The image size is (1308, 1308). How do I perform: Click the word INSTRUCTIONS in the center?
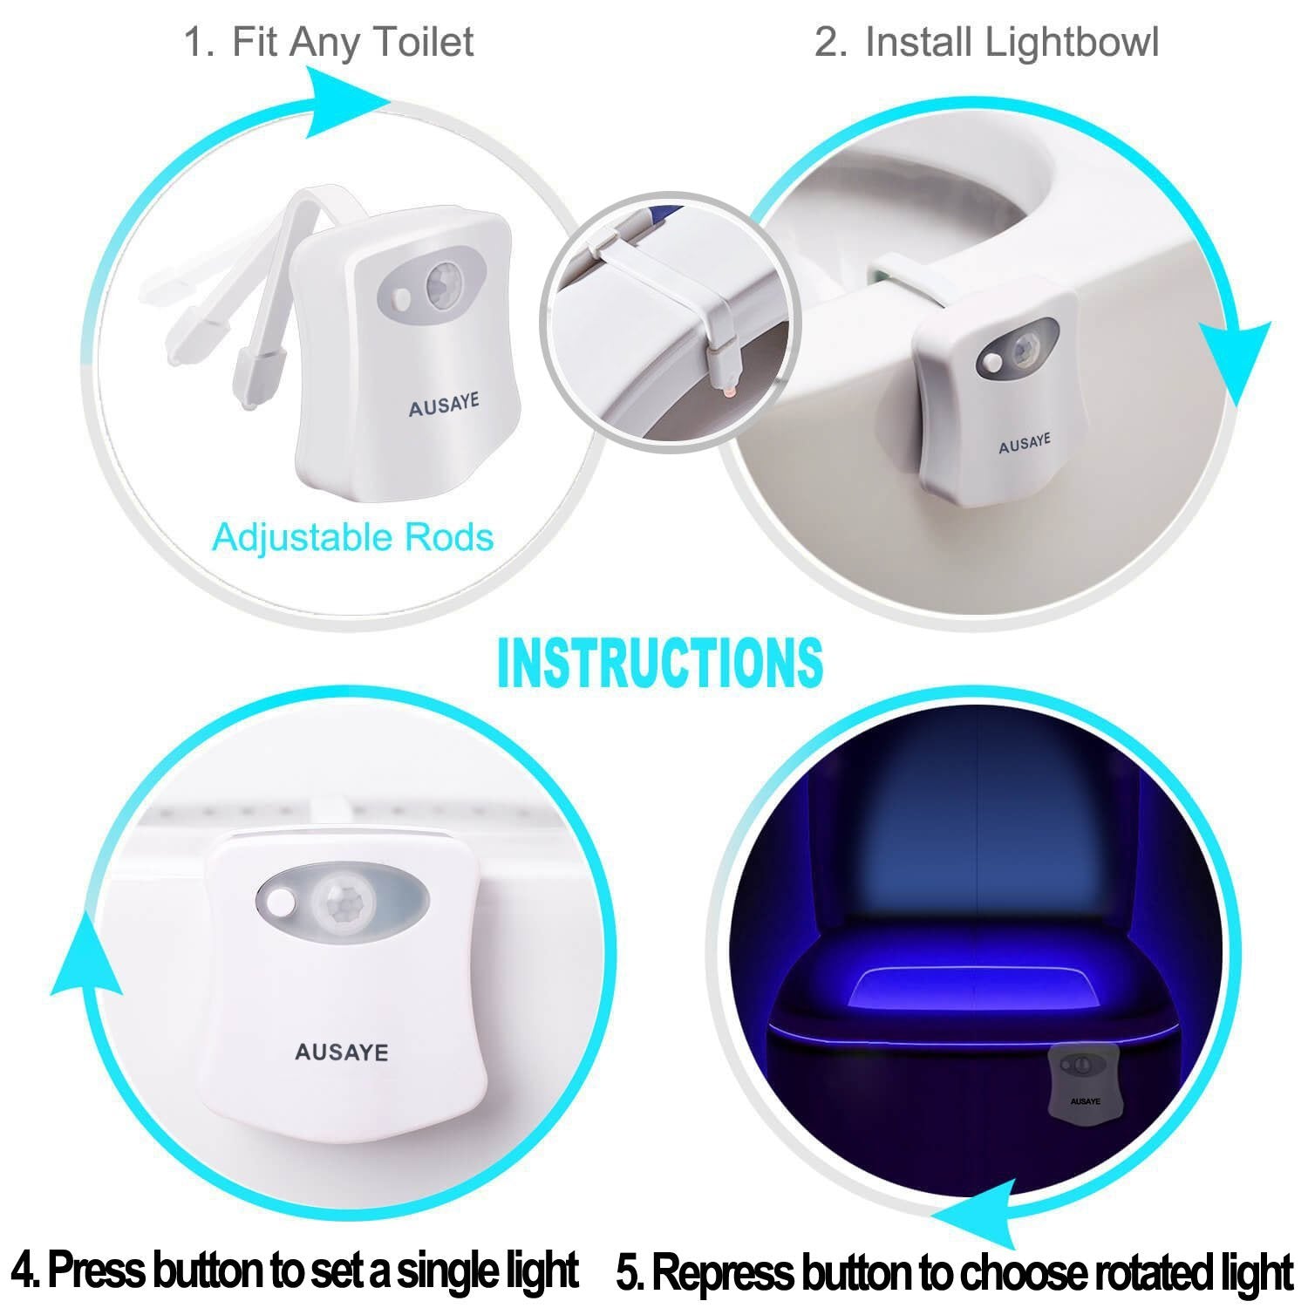[x=659, y=662]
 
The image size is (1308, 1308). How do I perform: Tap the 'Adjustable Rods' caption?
[x=352, y=537]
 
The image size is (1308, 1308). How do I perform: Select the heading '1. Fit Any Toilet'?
[x=329, y=42]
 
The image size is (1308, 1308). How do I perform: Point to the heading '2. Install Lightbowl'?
[x=986, y=42]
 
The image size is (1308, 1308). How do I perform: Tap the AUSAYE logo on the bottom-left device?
[x=341, y=1053]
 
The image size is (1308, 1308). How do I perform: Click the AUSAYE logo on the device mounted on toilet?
[x=1025, y=443]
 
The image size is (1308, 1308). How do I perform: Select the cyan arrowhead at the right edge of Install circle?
[x=1236, y=359]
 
